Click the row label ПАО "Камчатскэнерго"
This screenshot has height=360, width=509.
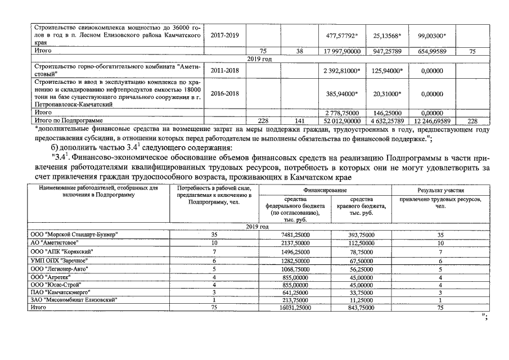coord(62,292)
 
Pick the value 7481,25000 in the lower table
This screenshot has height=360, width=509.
coord(295,234)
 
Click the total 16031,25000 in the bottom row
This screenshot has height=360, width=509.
coord(295,307)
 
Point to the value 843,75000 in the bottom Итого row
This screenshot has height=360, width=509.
coord(361,307)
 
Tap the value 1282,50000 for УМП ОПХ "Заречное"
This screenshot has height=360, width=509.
coord(295,261)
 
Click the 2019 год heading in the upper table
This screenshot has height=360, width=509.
coord(260,58)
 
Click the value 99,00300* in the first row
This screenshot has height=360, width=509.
coord(432,35)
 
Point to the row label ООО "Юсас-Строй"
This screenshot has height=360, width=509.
coord(59,285)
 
